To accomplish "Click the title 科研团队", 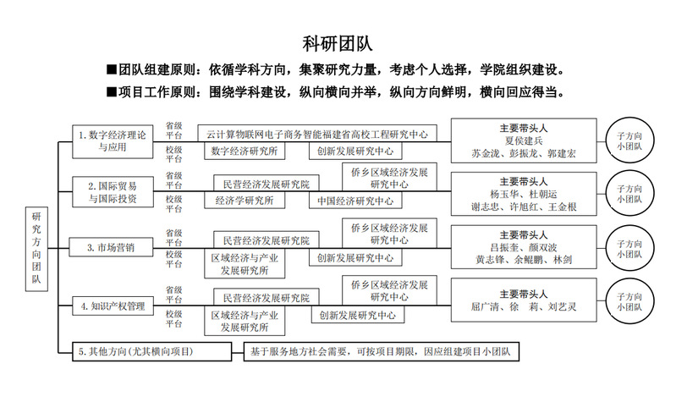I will point(338,42).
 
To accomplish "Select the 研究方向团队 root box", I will point(37,251).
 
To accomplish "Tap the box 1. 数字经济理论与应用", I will point(111,140).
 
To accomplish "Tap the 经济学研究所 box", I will point(245,201).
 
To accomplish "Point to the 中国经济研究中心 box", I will point(356,201).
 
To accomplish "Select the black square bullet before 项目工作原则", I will point(110,91).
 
